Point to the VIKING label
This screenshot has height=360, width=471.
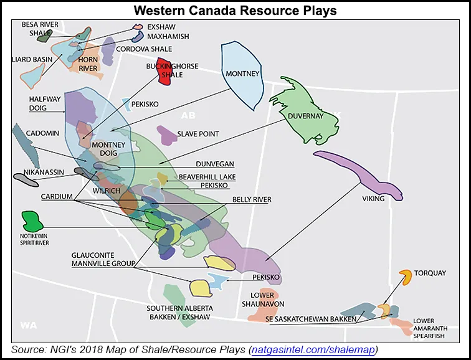[x=373, y=199]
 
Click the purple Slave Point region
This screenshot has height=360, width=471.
[x=166, y=133]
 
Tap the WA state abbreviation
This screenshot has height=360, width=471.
[x=29, y=324]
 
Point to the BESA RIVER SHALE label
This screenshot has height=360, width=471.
[x=39, y=29]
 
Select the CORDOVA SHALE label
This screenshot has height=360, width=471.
[x=146, y=49]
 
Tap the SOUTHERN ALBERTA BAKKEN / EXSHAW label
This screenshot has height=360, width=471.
[x=180, y=313]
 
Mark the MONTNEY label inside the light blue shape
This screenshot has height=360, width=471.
[x=242, y=73]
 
